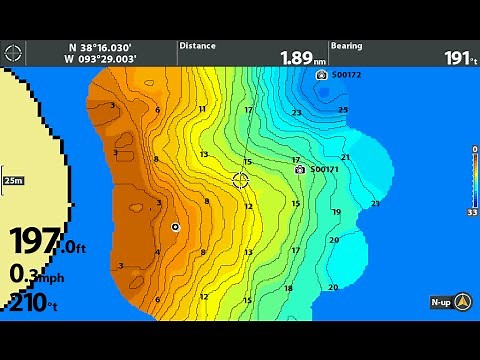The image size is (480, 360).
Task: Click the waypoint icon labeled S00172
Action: (x=321, y=75)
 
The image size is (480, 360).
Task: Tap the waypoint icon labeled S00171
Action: (x=299, y=170)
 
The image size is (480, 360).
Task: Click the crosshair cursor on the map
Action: (x=240, y=180)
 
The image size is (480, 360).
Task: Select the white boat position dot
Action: (x=175, y=227)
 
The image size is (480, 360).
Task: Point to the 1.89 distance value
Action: (x=296, y=58)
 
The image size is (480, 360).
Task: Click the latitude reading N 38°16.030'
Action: (x=100, y=47)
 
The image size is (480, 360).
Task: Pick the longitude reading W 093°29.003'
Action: (x=100, y=60)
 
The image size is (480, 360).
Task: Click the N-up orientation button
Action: (x=450, y=301)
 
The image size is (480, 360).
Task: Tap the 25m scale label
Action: (x=13, y=180)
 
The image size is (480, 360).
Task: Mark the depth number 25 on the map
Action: (x=343, y=110)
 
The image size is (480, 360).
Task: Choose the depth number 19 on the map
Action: (x=336, y=212)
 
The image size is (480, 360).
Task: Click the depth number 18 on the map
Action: (x=288, y=289)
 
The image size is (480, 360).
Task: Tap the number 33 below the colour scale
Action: (x=472, y=212)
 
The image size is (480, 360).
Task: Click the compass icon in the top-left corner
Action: (x=12, y=52)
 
